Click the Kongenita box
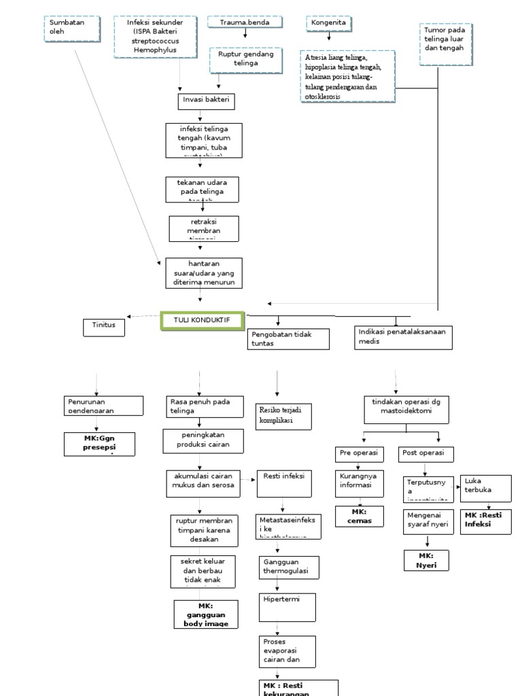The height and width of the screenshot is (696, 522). click(x=330, y=22)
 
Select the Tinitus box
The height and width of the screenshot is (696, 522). click(x=105, y=326)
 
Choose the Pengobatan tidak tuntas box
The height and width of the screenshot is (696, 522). click(x=290, y=338)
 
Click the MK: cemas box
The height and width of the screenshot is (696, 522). click(x=359, y=516)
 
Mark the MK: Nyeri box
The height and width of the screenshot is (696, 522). click(x=427, y=560)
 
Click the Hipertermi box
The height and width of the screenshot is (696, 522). click(x=288, y=607)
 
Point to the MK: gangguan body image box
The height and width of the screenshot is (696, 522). click(x=206, y=614)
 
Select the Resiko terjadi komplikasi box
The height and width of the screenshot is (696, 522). click(x=283, y=415)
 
